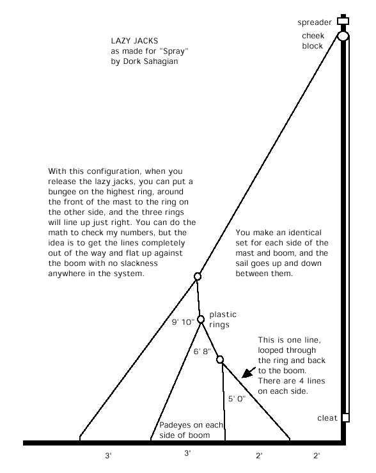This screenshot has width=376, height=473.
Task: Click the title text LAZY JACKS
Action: (134, 41)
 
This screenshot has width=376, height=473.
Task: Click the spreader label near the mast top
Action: (315, 22)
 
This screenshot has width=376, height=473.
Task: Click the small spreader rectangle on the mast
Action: (343, 21)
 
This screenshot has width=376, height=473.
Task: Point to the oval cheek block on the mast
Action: (343, 36)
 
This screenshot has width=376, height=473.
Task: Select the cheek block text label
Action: (313, 41)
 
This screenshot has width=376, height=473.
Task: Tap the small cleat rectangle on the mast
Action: (346, 417)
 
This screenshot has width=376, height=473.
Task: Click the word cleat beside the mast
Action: (327, 418)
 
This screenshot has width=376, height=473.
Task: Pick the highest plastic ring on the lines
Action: (198, 276)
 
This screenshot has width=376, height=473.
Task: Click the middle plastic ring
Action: (201, 319)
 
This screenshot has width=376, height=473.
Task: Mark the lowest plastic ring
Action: (220, 359)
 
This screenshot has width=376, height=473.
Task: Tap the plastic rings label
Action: (223, 320)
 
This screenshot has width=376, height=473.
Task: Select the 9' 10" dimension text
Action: (183, 322)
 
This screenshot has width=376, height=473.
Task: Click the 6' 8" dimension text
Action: (202, 352)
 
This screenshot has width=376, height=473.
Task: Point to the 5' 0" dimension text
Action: (237, 399)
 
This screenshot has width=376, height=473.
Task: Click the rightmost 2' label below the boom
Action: (317, 455)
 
